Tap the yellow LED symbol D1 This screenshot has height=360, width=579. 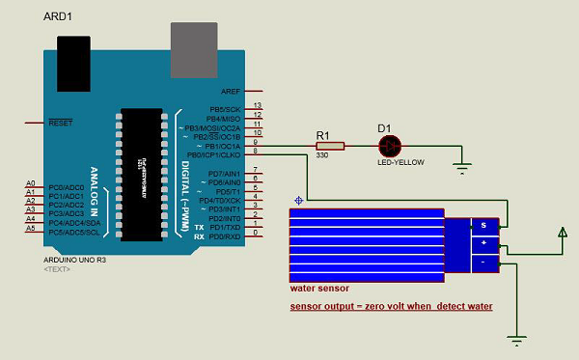click(389, 146)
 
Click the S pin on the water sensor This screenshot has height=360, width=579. click(482, 225)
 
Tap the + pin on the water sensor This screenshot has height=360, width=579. click(482, 243)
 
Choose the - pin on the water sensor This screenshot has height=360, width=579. click(482, 262)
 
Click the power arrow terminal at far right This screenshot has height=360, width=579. click(562, 233)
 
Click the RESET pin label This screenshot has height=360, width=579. click(62, 124)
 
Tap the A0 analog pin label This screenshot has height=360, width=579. click(31, 182)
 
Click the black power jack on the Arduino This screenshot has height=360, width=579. click(76, 57)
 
